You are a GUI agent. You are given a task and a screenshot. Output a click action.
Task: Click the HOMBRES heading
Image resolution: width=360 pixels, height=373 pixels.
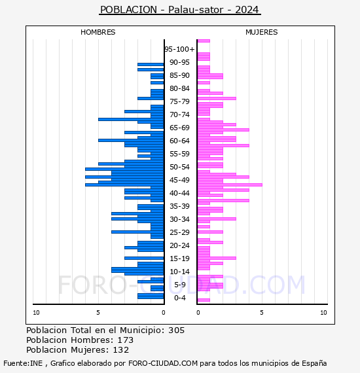tap(98, 32)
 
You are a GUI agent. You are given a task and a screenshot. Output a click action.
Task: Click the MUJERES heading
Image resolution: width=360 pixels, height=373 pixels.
tap(262, 32)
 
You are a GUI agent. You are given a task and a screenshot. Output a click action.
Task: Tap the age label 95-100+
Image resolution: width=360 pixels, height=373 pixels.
tap(179, 49)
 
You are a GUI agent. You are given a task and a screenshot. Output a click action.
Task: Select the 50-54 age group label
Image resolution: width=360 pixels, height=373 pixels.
tap(179, 167)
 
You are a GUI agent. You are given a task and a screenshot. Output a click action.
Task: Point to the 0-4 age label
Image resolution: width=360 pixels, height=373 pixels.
tap(180, 298)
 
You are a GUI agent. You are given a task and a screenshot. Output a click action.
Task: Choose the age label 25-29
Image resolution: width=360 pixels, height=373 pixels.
tap(179, 232)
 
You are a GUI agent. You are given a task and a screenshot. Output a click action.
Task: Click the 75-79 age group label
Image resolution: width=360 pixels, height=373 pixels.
tap(179, 101)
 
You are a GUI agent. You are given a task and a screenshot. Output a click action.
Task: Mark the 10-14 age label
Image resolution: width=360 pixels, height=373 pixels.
tap(179, 272)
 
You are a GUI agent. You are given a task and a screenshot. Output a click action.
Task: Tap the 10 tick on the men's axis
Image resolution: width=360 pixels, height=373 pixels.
tap(36, 313)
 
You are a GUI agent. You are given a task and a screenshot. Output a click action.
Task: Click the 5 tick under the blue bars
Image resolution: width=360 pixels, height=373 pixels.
tap(98, 313)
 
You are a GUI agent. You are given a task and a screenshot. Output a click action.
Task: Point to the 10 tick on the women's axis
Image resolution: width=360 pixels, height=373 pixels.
tap(323, 313)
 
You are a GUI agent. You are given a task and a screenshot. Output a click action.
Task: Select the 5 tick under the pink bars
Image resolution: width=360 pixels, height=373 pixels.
tap(262, 313)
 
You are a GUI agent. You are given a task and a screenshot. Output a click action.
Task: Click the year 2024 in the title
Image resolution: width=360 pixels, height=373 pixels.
tap(247, 10)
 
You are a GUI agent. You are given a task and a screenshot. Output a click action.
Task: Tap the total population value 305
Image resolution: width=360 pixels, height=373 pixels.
tap(176, 330)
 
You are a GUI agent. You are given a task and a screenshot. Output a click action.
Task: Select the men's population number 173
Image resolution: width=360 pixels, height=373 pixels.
tap(126, 340)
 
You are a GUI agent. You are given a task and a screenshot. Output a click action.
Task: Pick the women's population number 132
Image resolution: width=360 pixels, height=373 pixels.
tap(121, 350)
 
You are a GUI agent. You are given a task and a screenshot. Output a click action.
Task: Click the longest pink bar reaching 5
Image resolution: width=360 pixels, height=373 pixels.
tap(230, 185)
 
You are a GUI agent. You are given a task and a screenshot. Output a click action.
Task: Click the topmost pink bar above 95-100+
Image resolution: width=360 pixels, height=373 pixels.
tap(204, 41)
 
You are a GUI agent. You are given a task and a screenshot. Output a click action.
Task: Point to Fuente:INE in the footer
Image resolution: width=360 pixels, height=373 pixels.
tap(23, 363)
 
